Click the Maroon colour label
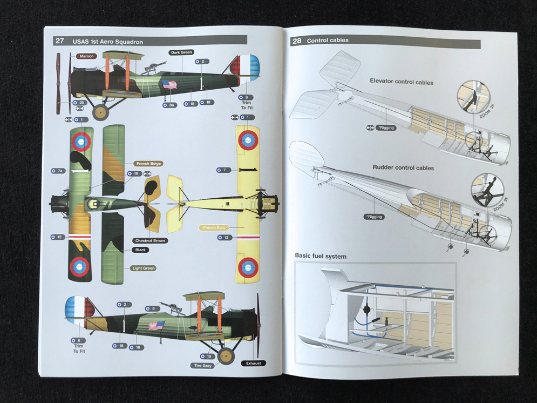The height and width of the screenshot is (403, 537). click(x=85, y=56)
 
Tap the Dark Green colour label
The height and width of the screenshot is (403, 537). click(x=181, y=52)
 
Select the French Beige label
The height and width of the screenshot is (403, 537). click(x=148, y=164)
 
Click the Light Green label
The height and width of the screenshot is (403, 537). click(x=142, y=268)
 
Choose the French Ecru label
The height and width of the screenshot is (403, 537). click(x=214, y=227)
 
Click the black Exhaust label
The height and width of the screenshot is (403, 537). click(x=253, y=363)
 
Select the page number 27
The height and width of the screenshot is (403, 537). click(x=60, y=41)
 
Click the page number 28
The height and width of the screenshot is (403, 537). click(x=297, y=41)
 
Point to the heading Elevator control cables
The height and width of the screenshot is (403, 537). click(x=402, y=82)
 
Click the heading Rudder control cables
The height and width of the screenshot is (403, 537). click(x=403, y=168)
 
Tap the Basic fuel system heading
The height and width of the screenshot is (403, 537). click(x=321, y=256)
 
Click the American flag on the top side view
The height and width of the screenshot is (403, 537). click(x=169, y=84)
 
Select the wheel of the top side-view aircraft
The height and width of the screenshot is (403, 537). click(x=100, y=112)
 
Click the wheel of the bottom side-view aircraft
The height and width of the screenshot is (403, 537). click(x=227, y=354)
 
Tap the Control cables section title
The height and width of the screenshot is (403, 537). click(x=328, y=41)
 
